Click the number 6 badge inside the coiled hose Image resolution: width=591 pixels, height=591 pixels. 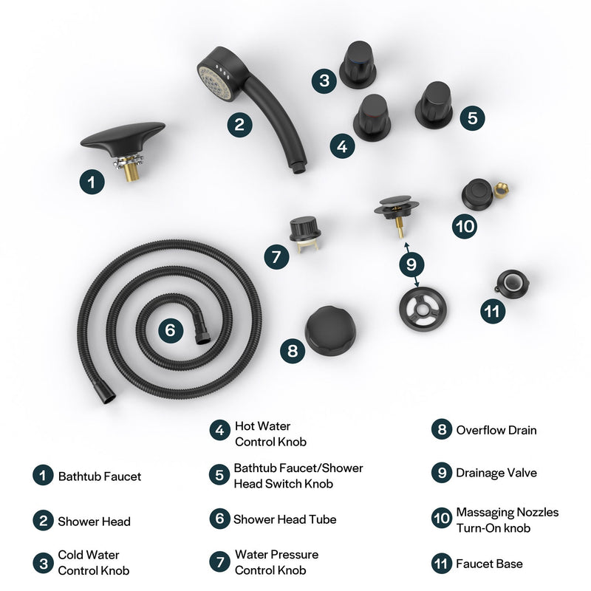tap(170, 330)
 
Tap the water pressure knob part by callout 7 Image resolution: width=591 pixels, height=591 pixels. tap(304, 230)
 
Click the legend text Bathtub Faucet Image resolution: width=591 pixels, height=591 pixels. tap(99, 476)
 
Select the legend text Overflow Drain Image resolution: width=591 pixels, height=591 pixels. tap(496, 430)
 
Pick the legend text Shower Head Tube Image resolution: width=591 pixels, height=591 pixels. tap(284, 519)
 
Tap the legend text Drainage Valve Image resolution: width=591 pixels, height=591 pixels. tap(496, 474)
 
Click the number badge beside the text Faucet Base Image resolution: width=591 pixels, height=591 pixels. tap(441, 564)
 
